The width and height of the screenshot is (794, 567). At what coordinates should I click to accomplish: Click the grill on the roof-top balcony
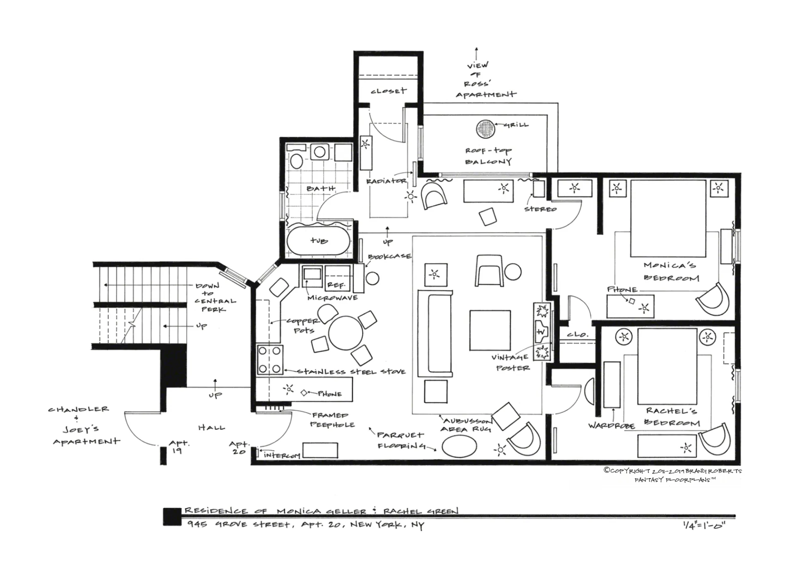(x=485, y=129)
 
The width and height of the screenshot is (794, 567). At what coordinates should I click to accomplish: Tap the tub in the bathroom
(x=319, y=240)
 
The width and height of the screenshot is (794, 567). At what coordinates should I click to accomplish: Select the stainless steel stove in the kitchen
(x=270, y=359)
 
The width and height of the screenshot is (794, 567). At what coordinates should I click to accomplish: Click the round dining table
(x=345, y=333)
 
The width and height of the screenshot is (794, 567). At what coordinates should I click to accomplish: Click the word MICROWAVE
(x=332, y=297)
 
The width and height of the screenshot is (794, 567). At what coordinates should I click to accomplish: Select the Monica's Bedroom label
(x=670, y=271)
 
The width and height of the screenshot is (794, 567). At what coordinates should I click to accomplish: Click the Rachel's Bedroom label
(x=672, y=417)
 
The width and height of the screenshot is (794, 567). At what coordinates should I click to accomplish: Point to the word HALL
(x=211, y=427)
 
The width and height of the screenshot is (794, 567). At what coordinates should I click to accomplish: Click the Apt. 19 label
(x=178, y=447)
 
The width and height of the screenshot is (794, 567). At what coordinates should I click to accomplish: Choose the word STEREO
(x=540, y=209)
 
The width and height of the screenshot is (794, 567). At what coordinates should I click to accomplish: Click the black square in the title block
(x=172, y=517)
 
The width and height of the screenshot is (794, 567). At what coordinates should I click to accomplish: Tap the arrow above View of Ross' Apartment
(x=477, y=54)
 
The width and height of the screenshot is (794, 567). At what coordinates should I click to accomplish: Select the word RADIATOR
(x=386, y=181)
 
